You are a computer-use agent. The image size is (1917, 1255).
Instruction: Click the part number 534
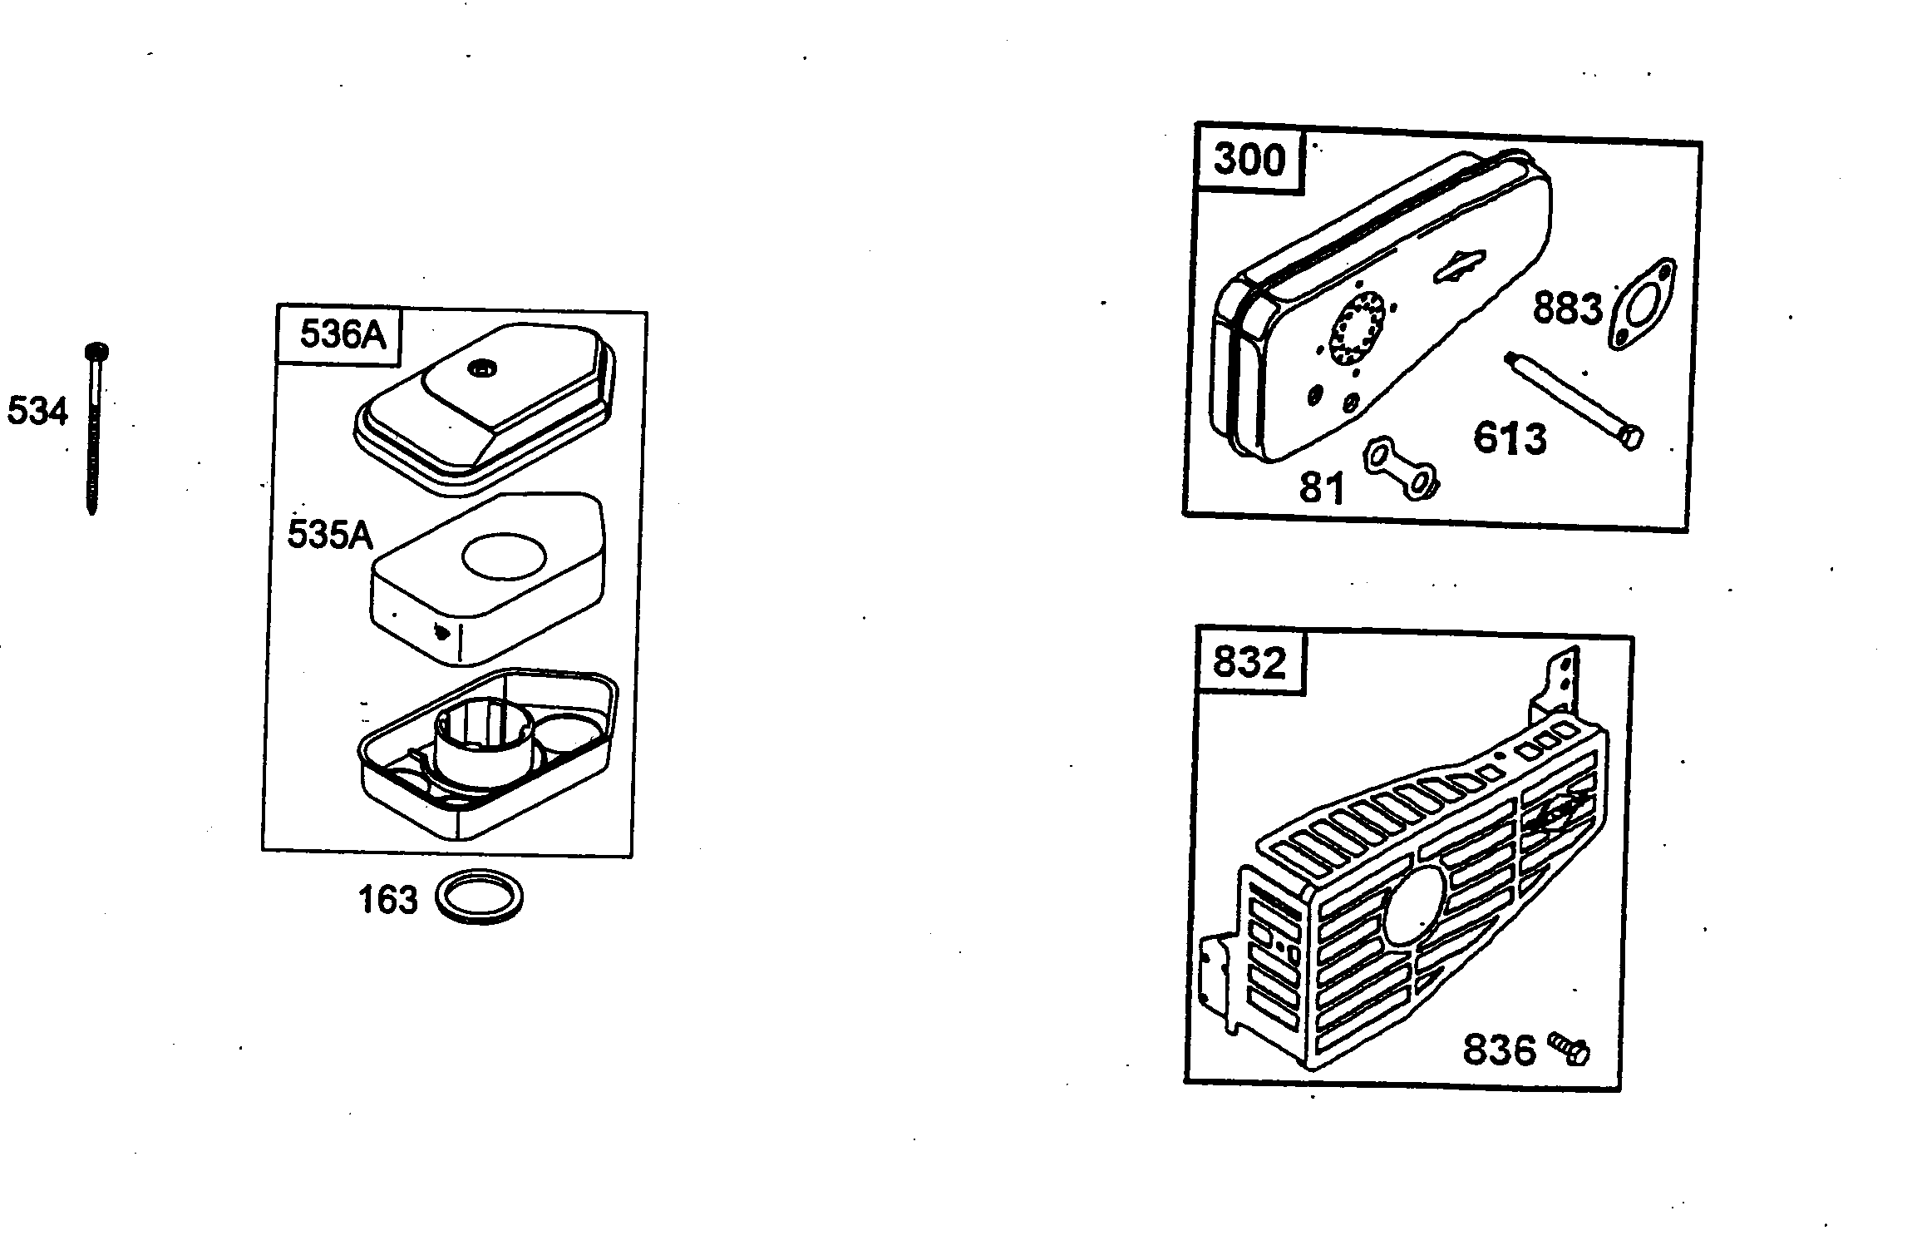coord(37,412)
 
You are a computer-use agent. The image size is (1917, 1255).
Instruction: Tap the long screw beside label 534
coord(96,428)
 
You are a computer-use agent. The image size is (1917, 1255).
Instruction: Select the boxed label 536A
coord(342,335)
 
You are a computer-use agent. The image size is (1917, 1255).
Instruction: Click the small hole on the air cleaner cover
coord(480,367)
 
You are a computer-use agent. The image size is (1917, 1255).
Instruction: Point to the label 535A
coord(330,535)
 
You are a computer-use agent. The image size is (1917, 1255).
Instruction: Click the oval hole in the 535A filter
coord(504,556)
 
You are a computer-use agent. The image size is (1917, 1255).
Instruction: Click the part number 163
coord(387,901)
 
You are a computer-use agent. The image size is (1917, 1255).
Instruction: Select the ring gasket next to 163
coord(480,897)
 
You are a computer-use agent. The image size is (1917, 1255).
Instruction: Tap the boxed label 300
coord(1249,160)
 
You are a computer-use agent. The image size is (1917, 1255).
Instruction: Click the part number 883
coord(1567,309)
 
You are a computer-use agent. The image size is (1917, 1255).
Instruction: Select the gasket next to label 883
coord(1643,304)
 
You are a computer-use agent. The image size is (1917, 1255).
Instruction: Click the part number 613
coord(1510,438)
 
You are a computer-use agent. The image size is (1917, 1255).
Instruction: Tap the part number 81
coord(1322,488)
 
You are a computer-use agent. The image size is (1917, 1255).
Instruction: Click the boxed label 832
coord(1249,663)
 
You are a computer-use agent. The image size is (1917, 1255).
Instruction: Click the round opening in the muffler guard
coord(1415,906)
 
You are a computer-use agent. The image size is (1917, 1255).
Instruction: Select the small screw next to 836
coord(1570,1049)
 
